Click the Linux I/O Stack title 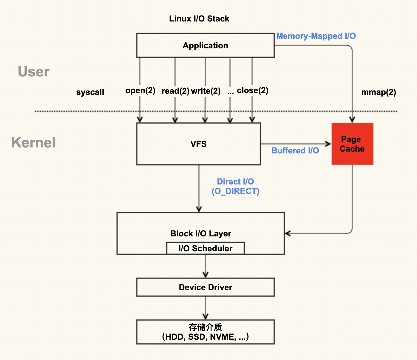199,19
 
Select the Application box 205,45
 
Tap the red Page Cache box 352,144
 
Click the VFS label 198,144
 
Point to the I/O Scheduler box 205,248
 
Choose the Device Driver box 205,287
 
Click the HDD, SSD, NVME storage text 205,337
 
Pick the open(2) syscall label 140,90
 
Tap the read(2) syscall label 175,91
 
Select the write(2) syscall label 206,91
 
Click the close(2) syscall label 252,90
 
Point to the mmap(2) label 378,92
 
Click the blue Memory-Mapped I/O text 316,36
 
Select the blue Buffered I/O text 295,150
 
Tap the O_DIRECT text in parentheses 235,191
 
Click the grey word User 33,72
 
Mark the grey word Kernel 33,143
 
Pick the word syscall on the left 90,92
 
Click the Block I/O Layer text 200,233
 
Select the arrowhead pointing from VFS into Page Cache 328,144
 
